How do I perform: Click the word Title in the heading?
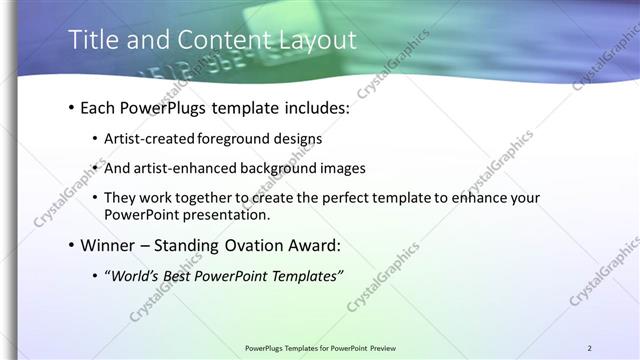(89, 40)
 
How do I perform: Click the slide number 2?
(589, 348)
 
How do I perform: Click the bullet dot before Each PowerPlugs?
(71, 106)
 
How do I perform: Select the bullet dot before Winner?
(71, 245)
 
